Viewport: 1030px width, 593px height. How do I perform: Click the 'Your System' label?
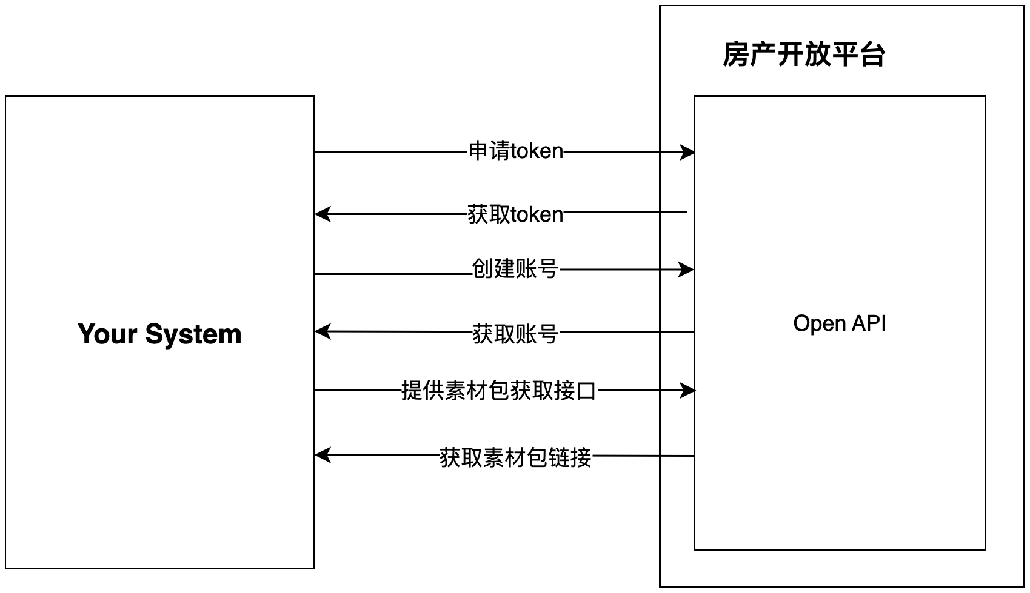159,334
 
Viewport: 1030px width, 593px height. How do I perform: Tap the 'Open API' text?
839,323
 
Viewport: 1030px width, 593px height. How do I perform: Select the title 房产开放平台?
804,55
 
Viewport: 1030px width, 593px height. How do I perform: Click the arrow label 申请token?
515,151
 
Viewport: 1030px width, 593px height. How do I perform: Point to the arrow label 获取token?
515,214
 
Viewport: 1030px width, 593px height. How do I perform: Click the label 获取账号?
515,334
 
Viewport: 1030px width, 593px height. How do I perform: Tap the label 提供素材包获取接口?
499,391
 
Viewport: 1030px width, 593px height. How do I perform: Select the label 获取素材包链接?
515,457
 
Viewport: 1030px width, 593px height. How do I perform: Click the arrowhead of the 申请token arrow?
687,152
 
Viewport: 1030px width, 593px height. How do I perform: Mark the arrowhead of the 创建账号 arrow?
686,269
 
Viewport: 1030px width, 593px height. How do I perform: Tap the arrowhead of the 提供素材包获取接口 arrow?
687,391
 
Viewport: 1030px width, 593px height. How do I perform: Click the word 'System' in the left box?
193,334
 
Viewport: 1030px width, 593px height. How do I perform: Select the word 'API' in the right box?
869,323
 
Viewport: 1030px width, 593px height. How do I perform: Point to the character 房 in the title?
735,55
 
